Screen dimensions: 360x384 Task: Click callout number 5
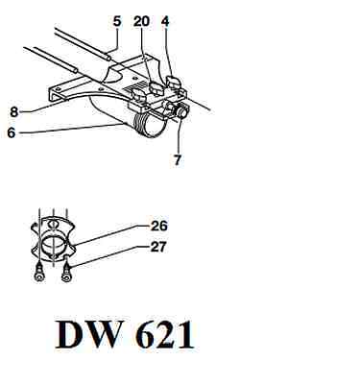tap(117, 21)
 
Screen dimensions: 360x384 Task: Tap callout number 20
tap(141, 21)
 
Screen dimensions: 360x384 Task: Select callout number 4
tap(165, 21)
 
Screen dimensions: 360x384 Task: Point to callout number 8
tap(14, 112)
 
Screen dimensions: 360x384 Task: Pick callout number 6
tap(12, 132)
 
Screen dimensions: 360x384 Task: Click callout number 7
tap(178, 159)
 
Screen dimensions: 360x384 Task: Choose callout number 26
tap(158, 226)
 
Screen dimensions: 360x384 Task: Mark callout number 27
tap(158, 247)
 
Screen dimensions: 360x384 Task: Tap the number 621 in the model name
tap(165, 334)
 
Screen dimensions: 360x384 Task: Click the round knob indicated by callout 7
tap(181, 112)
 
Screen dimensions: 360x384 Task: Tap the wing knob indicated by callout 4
tap(174, 82)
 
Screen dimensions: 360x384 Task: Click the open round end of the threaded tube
tap(155, 127)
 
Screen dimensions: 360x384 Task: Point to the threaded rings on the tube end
tap(141, 123)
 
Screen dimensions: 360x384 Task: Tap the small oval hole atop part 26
tap(54, 224)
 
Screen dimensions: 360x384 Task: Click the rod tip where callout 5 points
tap(109, 59)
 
